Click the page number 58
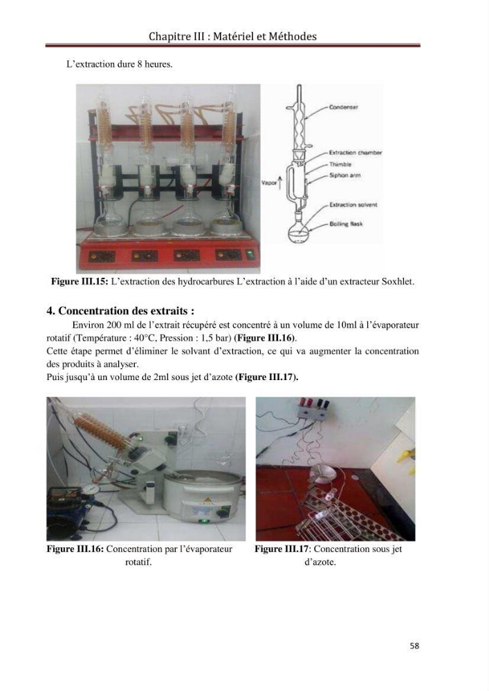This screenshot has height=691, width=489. pyautogui.click(x=414, y=645)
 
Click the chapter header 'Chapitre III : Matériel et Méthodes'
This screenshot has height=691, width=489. pyautogui.click(x=232, y=36)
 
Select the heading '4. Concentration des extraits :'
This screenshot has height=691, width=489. pyautogui.click(x=120, y=311)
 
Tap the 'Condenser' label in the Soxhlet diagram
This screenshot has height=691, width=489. pyautogui.click(x=344, y=107)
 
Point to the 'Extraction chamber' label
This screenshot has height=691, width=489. pyautogui.click(x=356, y=153)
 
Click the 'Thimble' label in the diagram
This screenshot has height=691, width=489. pyautogui.click(x=340, y=164)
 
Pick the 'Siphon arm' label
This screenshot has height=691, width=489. pyautogui.click(x=344, y=175)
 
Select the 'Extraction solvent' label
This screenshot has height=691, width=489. pyautogui.click(x=353, y=205)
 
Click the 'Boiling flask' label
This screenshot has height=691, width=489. pyautogui.click(x=346, y=224)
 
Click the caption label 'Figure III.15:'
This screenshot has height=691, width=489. pyautogui.click(x=80, y=281)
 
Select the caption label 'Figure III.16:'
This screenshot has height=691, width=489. pyautogui.click(x=75, y=549)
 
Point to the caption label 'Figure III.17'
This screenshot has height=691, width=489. pyautogui.click(x=282, y=549)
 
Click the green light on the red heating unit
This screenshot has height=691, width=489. pyautogui.click(x=250, y=254)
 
